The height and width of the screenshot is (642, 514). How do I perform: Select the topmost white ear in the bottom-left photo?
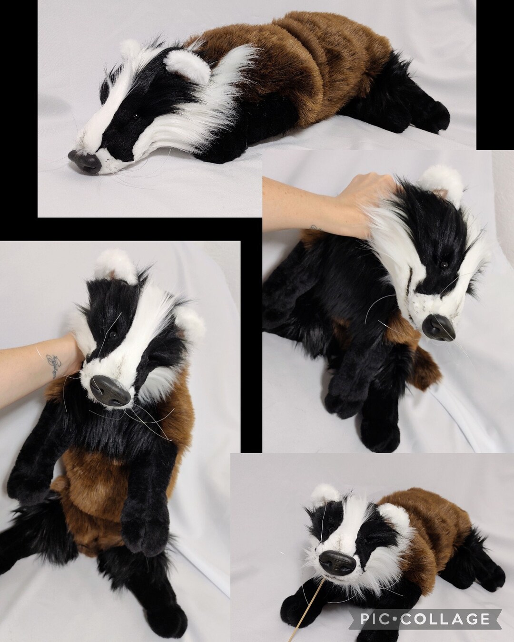(x=114, y=264)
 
